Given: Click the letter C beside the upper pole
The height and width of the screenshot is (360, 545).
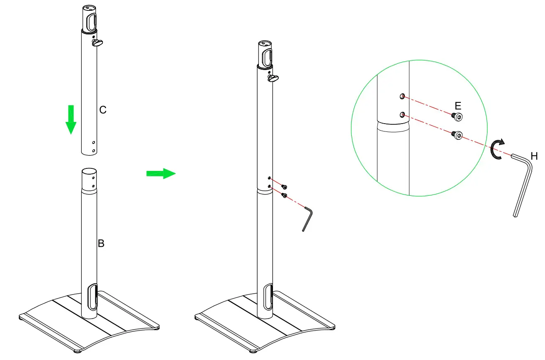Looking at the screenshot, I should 103,110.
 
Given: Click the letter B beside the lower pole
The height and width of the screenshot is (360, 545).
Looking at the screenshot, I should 101,243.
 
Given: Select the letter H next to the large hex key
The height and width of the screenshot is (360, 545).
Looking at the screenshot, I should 534,156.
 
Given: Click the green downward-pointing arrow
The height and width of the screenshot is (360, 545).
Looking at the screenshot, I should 71,120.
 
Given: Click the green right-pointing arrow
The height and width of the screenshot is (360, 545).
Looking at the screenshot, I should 161,173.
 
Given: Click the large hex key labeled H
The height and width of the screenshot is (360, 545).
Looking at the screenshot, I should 523,182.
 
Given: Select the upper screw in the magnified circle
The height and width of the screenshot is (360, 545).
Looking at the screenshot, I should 457,117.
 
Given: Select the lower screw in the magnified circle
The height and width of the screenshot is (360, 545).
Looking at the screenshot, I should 457,135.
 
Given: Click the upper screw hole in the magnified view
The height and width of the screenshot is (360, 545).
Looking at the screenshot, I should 402,97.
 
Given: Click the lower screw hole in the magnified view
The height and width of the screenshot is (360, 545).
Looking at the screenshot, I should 401,115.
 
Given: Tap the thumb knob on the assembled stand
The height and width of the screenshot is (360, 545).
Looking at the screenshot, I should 273,78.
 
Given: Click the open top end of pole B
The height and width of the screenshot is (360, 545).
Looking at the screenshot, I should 89,171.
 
